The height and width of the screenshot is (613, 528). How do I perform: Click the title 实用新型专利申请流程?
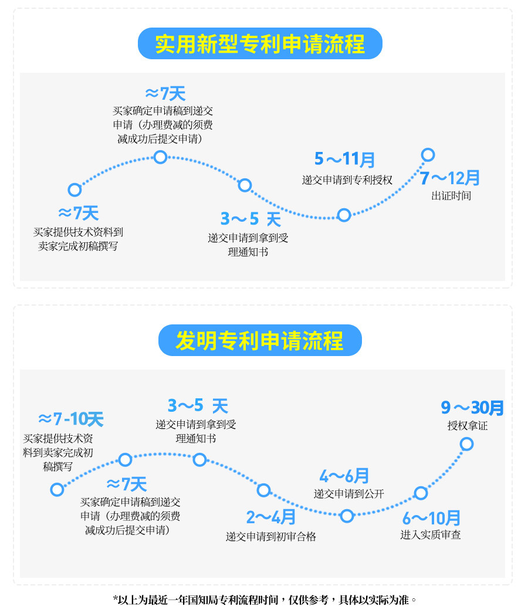click(260, 44)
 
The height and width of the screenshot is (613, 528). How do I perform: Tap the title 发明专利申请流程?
click(260, 340)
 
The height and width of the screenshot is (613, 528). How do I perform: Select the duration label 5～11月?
click(344, 159)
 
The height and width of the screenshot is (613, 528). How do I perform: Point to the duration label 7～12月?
click(450, 178)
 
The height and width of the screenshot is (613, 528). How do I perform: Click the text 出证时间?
click(451, 196)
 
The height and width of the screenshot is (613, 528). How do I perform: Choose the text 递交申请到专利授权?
click(347, 180)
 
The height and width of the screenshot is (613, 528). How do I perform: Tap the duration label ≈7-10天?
click(70, 419)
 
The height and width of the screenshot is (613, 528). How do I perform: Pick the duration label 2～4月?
click(271, 517)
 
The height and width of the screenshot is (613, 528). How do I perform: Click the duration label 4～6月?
click(344, 476)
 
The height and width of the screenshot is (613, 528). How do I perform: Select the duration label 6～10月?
click(431, 518)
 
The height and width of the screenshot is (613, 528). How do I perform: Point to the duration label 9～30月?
click(472, 407)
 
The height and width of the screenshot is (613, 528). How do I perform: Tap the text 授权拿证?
click(467, 426)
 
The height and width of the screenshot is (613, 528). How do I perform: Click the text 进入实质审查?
click(431, 535)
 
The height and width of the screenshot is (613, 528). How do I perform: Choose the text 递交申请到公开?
click(348, 494)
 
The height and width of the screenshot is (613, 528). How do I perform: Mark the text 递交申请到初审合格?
click(271, 536)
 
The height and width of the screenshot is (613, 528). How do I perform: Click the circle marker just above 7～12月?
click(428, 155)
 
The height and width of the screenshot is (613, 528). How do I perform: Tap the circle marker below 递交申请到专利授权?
click(344, 215)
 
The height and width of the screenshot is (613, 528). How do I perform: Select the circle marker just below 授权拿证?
click(466, 444)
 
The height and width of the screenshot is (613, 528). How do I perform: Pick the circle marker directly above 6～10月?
click(421, 493)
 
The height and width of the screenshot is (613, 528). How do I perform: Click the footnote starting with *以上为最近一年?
click(264, 600)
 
